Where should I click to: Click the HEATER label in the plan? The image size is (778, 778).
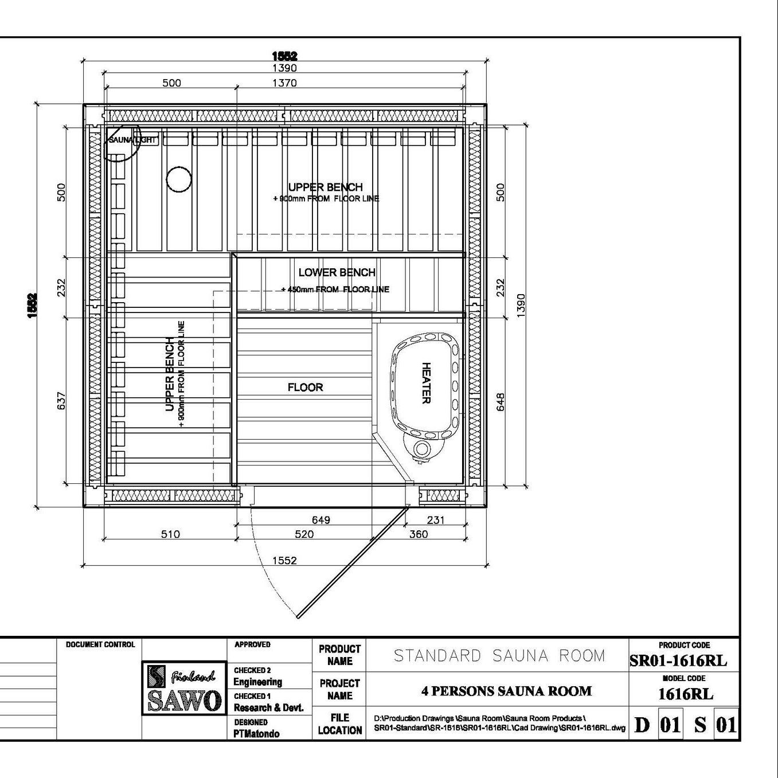427,383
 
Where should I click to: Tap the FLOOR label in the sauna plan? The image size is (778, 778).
305,388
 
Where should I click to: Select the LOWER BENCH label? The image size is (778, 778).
337,272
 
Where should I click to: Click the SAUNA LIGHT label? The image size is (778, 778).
132,140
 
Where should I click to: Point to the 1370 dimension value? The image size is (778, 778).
284,83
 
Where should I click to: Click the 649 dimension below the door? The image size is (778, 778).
321,519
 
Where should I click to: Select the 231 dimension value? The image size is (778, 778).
436,519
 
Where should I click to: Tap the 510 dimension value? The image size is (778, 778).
170,534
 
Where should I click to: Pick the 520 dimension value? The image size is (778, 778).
304,534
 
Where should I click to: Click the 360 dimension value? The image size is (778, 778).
419,534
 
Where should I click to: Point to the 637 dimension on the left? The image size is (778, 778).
61,401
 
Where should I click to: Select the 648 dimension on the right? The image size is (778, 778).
501,402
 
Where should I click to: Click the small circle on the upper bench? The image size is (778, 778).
179,179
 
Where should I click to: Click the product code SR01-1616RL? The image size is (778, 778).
678,661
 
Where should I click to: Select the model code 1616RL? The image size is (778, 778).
686,694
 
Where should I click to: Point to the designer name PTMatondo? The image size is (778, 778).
256,734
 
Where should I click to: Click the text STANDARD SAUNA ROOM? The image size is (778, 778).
499,656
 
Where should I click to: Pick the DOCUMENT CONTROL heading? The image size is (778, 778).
100,645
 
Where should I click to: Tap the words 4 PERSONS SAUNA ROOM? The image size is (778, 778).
506,691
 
